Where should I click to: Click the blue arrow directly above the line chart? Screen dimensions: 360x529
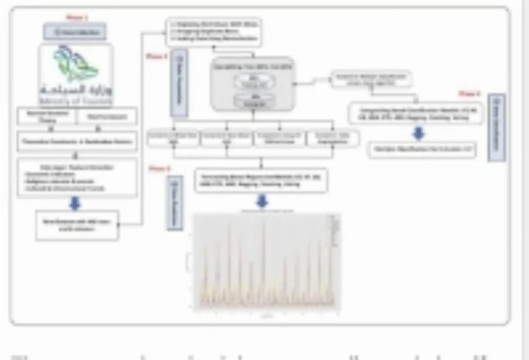click(261, 202)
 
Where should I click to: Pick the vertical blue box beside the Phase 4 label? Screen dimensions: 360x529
click(497, 128)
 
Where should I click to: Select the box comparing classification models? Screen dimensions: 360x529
click(415, 113)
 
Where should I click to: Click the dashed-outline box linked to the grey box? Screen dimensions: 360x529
click(371, 79)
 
